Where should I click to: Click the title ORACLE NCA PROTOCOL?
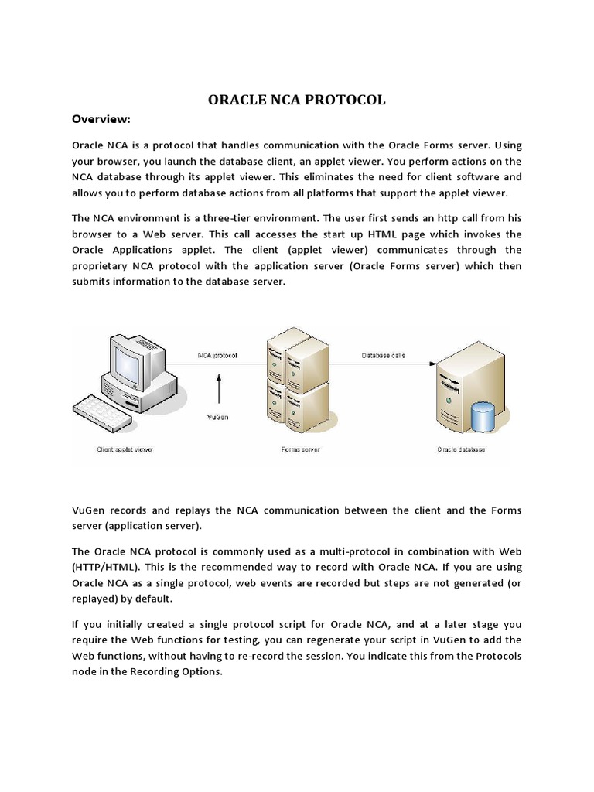click(297, 100)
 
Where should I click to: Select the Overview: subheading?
click(101, 119)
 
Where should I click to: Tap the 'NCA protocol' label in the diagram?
click(218, 356)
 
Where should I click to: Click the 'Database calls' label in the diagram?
click(384, 356)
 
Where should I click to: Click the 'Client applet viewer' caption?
click(124, 449)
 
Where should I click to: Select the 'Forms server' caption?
click(297, 449)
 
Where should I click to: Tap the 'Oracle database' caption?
click(461, 449)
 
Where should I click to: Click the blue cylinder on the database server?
click(483, 417)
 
